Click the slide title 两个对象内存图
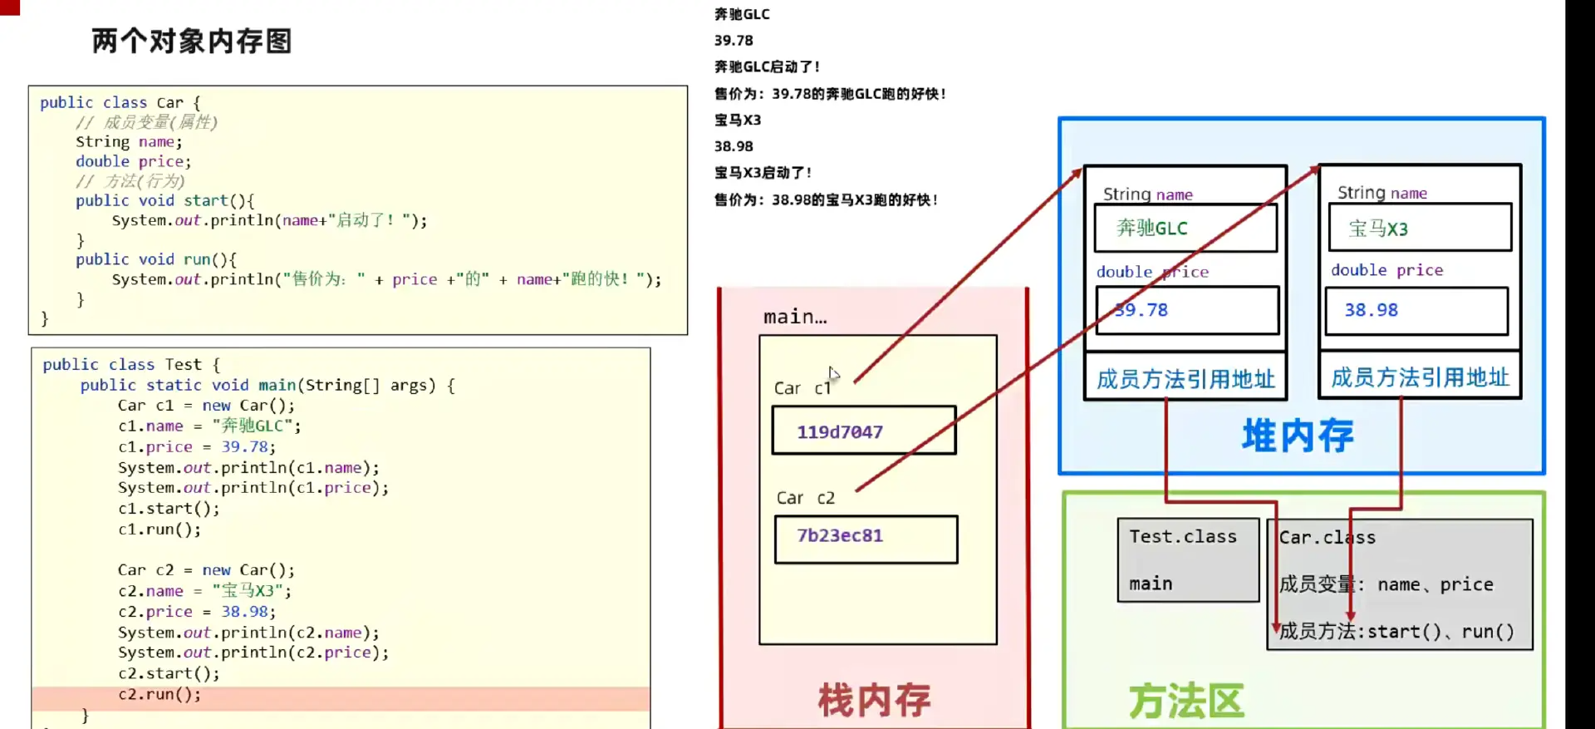[192, 41]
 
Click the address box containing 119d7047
[864, 431]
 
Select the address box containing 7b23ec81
[866, 539]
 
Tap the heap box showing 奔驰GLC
[1185, 228]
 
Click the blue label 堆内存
[1298, 435]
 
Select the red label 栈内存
[874, 699]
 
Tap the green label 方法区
[1186, 701]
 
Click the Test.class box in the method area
[1187, 559]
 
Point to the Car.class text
[1327, 538]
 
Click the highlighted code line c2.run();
[159, 694]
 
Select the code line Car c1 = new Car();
[206, 406]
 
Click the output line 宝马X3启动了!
[763, 173]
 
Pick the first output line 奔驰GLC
[742, 14]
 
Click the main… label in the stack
[795, 317]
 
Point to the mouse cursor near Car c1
[833, 374]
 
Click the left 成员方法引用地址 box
[1185, 379]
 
